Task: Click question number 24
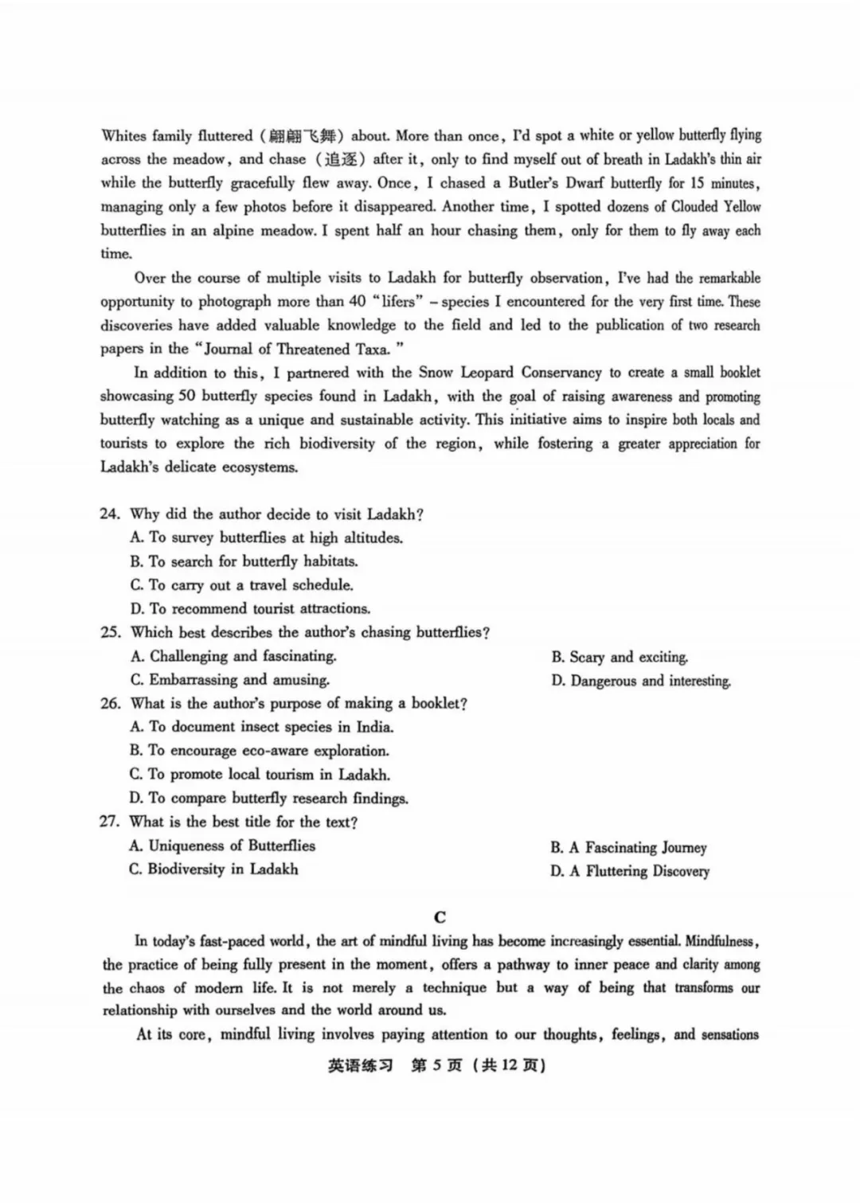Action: click(x=110, y=514)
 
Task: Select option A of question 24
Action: click(x=267, y=538)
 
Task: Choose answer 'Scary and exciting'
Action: click(x=619, y=658)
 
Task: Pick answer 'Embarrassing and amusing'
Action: click(x=229, y=680)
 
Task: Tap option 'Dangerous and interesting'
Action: click(x=640, y=682)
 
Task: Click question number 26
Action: click(x=110, y=704)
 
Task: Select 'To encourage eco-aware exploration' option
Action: click(x=260, y=751)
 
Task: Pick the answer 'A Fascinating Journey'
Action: click(x=628, y=848)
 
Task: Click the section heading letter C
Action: click(x=440, y=917)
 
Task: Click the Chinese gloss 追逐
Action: click(x=340, y=159)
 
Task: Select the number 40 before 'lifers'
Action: click(x=358, y=302)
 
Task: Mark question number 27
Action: click(x=110, y=822)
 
